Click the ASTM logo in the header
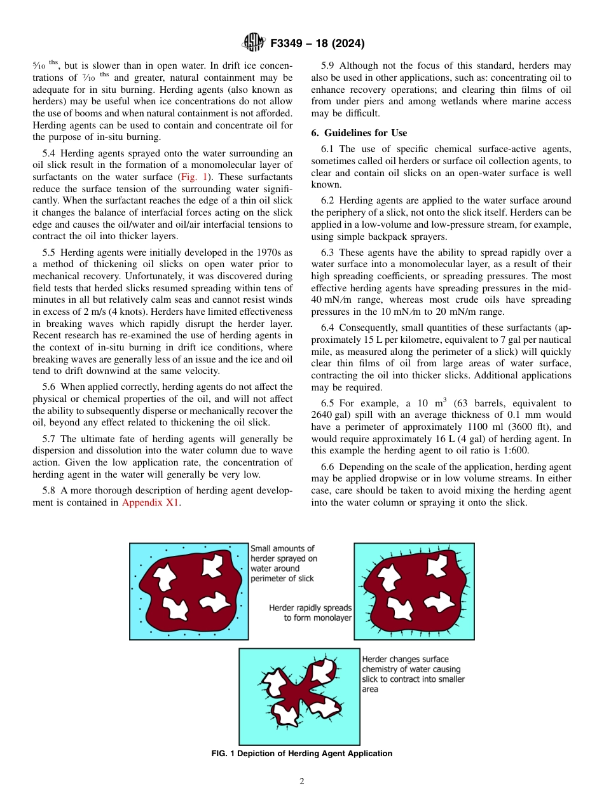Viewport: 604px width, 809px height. (x=254, y=43)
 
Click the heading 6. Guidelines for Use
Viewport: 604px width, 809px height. (x=359, y=132)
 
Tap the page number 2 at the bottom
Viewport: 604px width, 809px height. (x=302, y=781)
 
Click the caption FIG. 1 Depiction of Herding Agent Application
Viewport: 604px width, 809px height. (x=302, y=753)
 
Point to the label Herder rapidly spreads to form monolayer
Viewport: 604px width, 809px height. (x=310, y=612)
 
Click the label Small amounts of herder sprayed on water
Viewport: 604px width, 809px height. (x=283, y=563)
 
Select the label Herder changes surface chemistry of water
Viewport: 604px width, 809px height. (x=413, y=674)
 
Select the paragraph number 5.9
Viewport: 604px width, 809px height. (x=329, y=66)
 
